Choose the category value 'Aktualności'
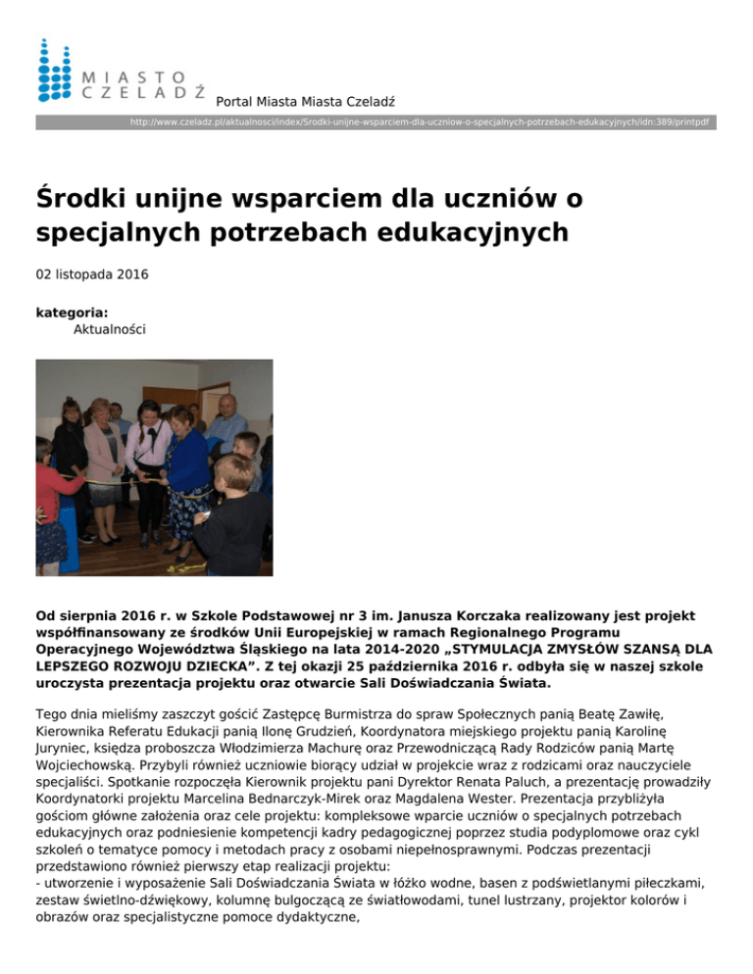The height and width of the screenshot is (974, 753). pos(110,330)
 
